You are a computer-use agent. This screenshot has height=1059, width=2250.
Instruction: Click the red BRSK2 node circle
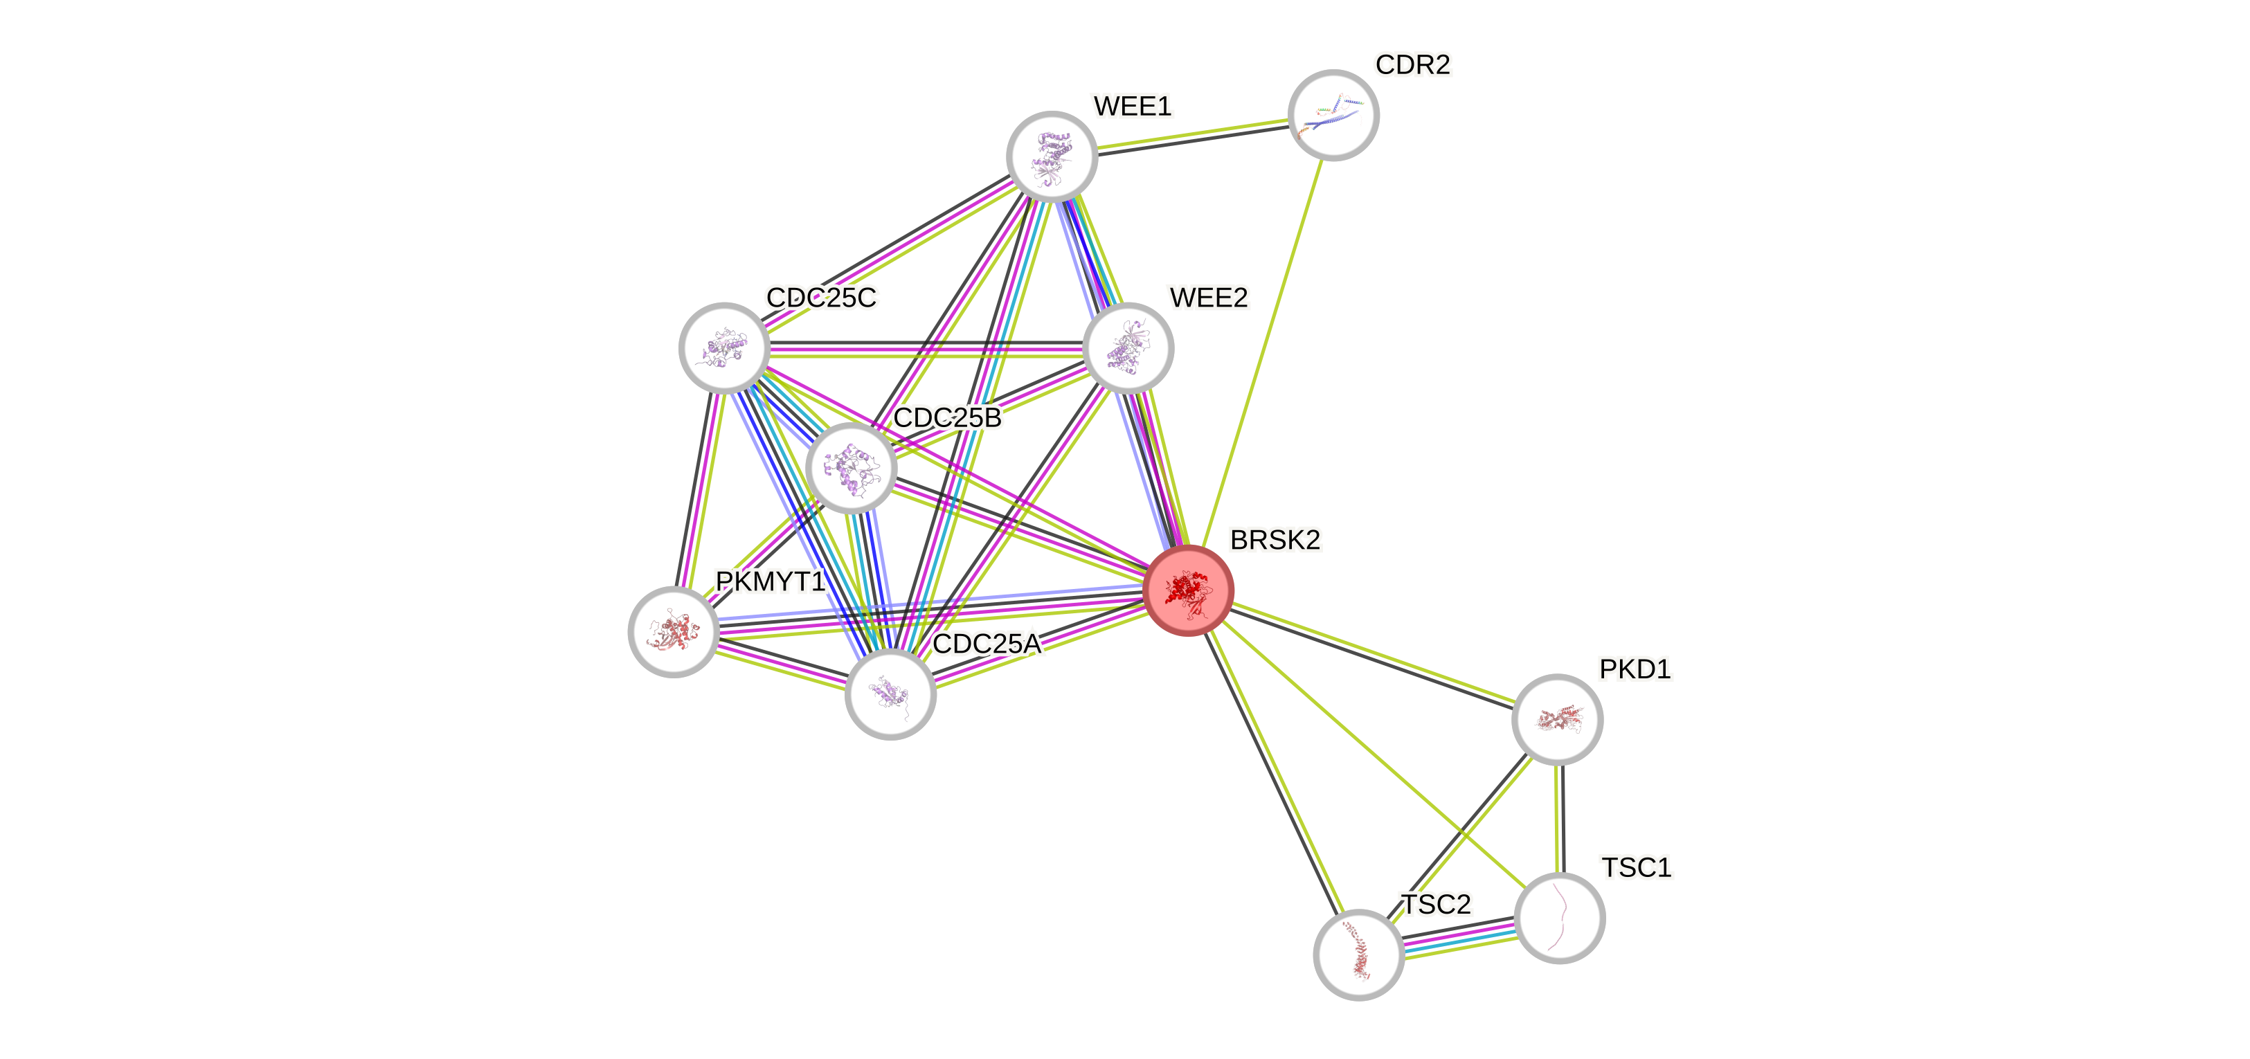(1188, 590)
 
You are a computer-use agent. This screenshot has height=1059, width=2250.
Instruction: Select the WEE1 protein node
(1052, 156)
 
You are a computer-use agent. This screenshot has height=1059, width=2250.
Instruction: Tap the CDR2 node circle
(1333, 115)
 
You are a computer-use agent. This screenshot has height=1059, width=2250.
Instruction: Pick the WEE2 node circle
(1128, 348)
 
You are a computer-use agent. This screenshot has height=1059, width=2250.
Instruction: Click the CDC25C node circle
(724, 347)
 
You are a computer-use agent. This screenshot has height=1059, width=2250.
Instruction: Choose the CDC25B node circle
(851, 468)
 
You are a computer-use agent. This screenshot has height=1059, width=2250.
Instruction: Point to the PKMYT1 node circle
(674, 631)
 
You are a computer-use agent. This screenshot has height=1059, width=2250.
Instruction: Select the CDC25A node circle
(891, 694)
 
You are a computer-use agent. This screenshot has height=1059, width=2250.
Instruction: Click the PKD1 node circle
(1556, 719)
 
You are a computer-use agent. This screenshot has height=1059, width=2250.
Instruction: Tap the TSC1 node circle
(1560, 918)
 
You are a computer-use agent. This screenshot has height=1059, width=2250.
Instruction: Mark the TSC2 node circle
(1358, 954)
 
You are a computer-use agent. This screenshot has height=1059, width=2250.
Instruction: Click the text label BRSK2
(1275, 541)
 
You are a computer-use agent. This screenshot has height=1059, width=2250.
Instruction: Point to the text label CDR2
(1412, 64)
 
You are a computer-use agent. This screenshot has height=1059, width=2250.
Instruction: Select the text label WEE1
(1132, 107)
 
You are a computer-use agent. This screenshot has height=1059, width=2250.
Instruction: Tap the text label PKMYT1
(770, 581)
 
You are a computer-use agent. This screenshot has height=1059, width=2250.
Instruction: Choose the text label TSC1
(1636, 868)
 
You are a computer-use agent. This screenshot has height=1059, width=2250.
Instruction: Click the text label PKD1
(1635, 669)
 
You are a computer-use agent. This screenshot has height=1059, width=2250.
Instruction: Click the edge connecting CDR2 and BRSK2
(1262, 350)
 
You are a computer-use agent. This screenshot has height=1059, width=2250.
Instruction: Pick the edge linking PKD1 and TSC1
(1558, 819)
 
